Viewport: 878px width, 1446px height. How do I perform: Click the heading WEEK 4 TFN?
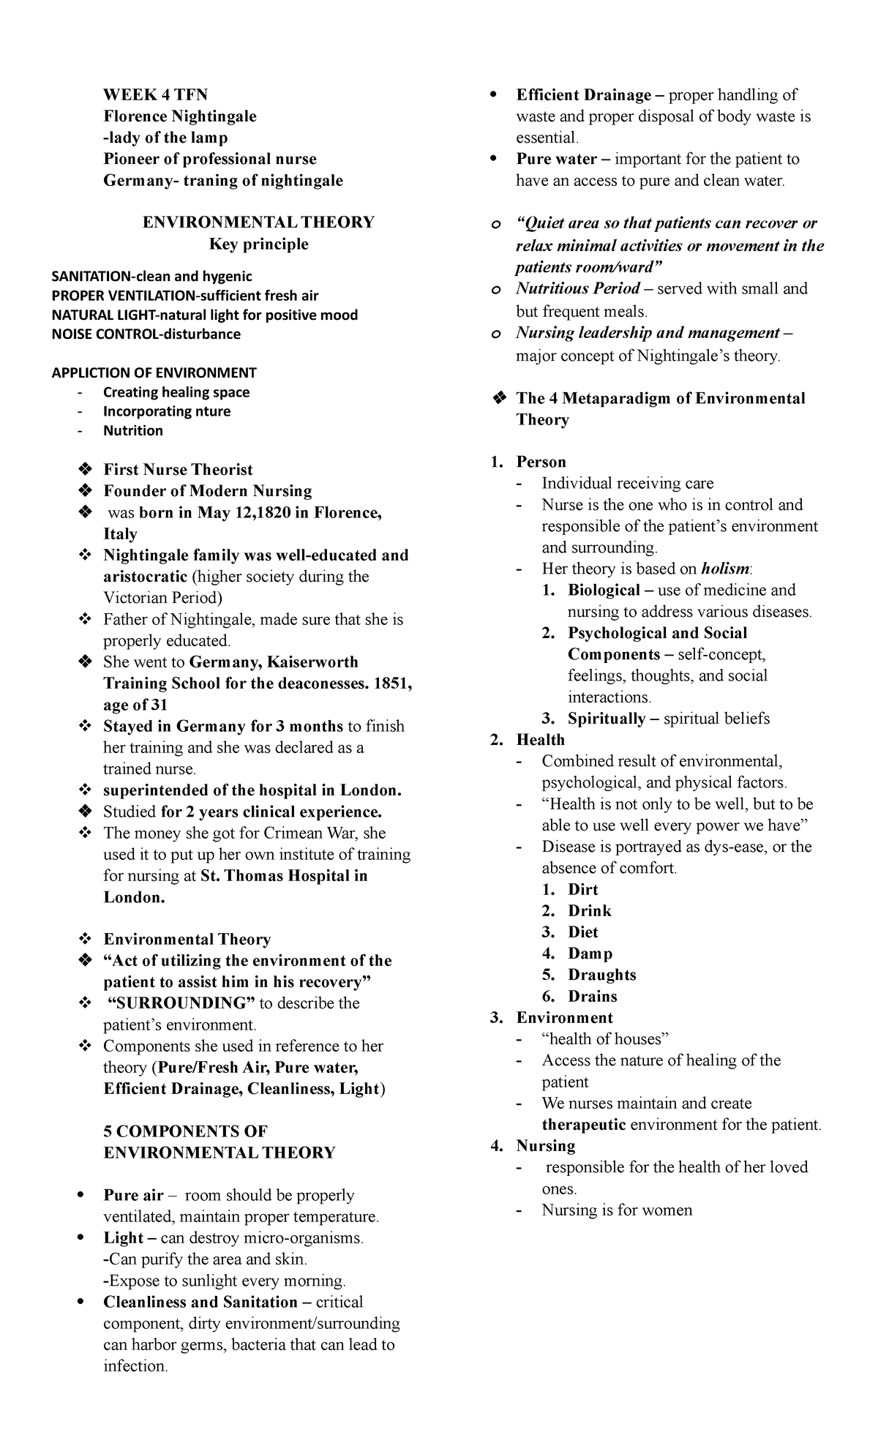155,95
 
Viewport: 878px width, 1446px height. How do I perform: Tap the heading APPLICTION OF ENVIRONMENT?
154,372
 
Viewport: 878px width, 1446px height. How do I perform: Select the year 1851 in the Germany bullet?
392,683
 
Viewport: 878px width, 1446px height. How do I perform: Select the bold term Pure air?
133,1196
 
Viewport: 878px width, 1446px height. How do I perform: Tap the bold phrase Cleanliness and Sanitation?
200,1303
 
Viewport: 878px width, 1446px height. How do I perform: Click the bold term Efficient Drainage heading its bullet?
583,95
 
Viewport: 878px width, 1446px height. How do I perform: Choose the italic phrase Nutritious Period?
578,289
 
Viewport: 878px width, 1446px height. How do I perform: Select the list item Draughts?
601,975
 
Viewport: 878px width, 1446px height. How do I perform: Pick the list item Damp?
590,954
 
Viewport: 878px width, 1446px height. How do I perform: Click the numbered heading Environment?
564,1018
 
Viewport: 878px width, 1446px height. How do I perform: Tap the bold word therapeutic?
583,1125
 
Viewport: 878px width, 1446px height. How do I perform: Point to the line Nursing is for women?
616,1210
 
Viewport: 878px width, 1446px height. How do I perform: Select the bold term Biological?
603,591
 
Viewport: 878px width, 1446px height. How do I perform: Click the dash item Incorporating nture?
166,411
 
